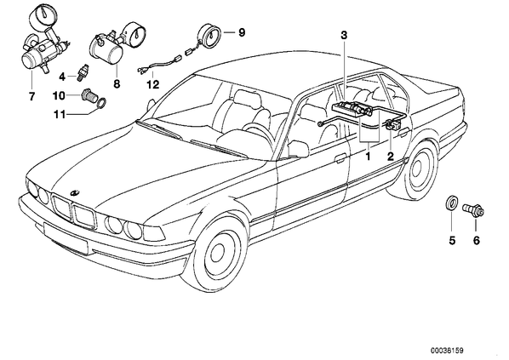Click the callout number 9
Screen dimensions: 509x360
tap(242, 32)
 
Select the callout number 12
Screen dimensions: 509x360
tap(153, 85)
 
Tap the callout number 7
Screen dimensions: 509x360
tap(31, 96)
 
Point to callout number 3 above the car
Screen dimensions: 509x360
tap(344, 35)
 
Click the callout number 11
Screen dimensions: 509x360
tap(60, 115)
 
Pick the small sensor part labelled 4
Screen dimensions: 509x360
tap(81, 74)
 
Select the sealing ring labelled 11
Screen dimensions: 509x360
tap(101, 102)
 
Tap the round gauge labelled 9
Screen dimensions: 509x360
tap(209, 36)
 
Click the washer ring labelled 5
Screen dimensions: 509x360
tap(450, 203)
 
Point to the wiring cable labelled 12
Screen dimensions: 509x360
tap(162, 63)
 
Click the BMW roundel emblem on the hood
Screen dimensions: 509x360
tap(75, 193)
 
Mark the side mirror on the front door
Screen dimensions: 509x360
tap(298, 149)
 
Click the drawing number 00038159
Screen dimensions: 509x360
tap(448, 350)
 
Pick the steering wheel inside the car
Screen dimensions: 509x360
tap(257, 133)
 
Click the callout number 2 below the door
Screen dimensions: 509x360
tap(390, 157)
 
